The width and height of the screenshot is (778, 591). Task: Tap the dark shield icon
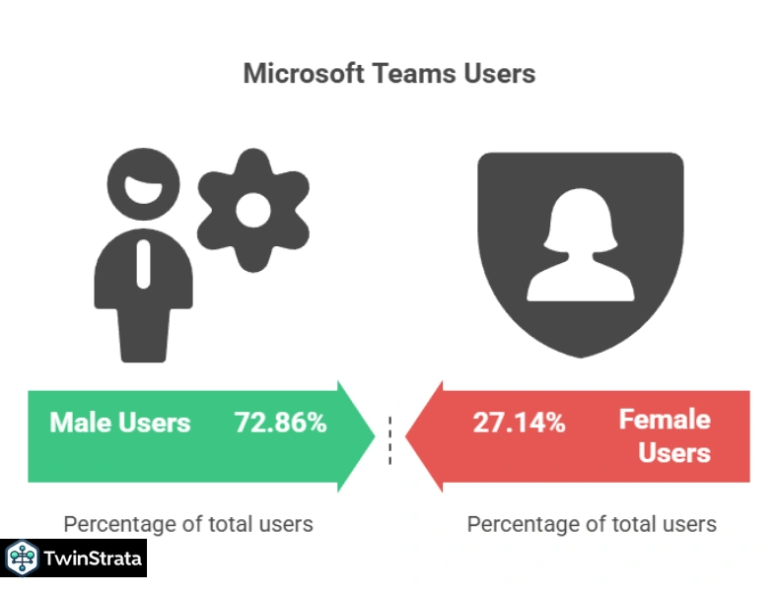(x=580, y=251)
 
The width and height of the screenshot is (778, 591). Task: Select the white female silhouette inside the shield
(x=579, y=246)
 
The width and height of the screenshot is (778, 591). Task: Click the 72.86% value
(x=280, y=423)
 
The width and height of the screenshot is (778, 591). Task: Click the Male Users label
(x=120, y=423)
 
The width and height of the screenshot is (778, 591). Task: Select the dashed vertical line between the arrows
(x=390, y=439)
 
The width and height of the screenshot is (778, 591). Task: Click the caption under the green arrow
(x=188, y=523)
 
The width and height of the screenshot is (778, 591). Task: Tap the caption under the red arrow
(x=592, y=523)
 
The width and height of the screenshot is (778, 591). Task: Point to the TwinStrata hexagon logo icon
(x=21, y=558)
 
